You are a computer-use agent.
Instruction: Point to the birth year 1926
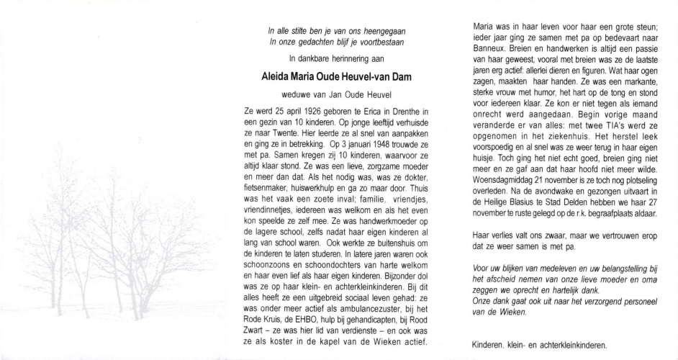pos(321,111)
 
